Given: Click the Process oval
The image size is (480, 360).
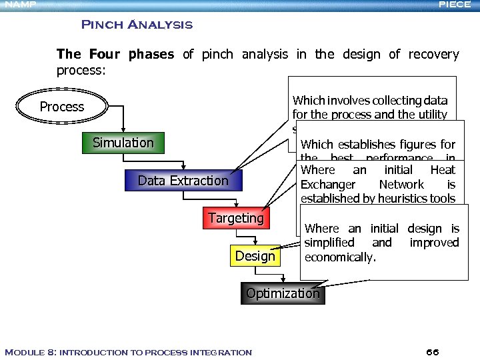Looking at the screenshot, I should pos(62,107).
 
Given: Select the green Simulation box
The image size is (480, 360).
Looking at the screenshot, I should pos(123,143).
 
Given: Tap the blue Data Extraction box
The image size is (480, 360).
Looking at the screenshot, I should pos(183,181).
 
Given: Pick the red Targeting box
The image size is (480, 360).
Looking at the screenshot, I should pos(235,218).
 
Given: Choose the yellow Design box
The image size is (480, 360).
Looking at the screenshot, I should pos(255,256).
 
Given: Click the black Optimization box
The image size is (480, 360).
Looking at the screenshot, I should pos(283,293).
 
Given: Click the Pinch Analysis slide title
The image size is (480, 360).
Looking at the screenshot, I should pos(137,25).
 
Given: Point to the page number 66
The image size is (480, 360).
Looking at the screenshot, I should pos(432,352).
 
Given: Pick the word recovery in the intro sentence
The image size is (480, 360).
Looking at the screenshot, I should pos(434,55).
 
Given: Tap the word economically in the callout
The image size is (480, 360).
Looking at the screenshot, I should pos(339,257).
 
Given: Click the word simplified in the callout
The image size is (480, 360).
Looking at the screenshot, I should pos(329,243).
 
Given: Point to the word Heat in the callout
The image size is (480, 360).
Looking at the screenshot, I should pos(443,170).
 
